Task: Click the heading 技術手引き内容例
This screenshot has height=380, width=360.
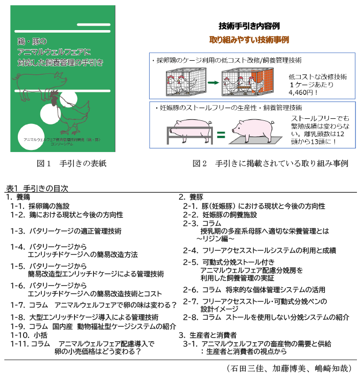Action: point(249,26)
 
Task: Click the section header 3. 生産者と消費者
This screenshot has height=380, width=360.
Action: point(207,335)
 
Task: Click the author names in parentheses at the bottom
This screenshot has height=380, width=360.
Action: point(288,368)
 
